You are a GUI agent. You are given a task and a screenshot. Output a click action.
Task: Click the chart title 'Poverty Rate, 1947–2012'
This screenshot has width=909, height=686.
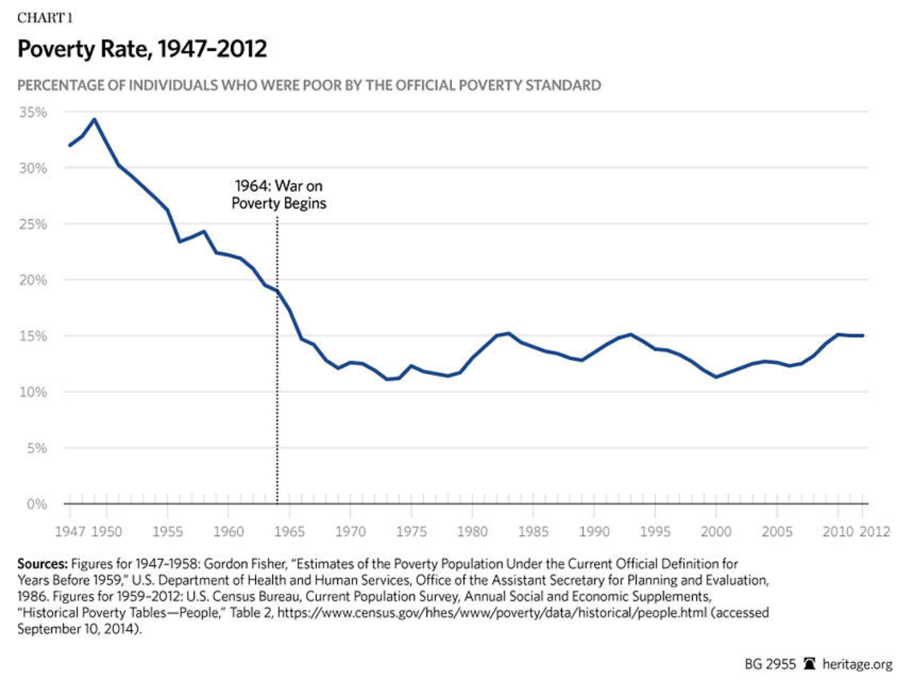[x=142, y=49]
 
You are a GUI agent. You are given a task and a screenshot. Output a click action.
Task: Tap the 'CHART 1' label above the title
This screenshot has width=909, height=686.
[x=45, y=18]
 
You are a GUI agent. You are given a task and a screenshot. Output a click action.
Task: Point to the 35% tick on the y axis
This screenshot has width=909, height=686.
[x=33, y=112]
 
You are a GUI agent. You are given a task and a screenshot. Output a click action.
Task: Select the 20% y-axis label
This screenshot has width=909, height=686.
[x=33, y=280]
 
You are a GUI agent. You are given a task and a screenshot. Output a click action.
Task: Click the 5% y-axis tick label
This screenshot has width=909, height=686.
[x=36, y=448]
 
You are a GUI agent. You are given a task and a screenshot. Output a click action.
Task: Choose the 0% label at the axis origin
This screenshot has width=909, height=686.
[x=37, y=504]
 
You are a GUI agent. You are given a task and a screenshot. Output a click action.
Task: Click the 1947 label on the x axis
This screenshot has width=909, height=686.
[x=70, y=531]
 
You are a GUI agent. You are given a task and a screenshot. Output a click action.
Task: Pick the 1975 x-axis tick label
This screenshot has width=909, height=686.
[x=411, y=531]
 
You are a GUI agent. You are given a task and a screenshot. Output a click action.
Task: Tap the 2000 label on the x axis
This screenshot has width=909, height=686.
[x=716, y=531]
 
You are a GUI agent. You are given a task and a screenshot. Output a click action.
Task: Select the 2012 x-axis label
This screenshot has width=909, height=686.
[x=875, y=531]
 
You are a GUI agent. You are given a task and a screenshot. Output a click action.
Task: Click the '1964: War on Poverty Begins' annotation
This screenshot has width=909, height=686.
[x=279, y=194]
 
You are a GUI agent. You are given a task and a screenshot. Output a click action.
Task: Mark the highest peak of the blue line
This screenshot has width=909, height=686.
[x=94, y=120]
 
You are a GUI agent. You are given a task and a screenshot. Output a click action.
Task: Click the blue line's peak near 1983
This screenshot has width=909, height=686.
[x=508, y=333]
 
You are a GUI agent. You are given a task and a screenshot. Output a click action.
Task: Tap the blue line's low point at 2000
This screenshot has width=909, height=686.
[x=716, y=377]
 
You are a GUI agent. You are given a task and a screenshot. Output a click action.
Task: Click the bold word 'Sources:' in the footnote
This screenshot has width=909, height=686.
[x=42, y=564]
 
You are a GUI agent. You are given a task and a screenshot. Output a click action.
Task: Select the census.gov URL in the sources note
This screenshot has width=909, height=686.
[x=492, y=613]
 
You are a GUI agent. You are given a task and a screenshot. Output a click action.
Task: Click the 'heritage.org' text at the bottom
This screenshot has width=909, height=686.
[x=857, y=664]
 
